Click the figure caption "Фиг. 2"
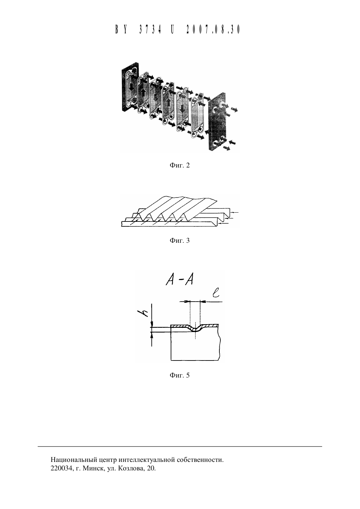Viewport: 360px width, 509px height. (180, 165)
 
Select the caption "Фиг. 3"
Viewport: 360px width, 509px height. (180, 240)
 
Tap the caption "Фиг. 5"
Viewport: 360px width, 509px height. (180, 375)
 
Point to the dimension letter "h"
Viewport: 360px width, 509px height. (143, 313)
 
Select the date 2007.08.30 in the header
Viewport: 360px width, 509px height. (213, 29)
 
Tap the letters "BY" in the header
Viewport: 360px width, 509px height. (121, 29)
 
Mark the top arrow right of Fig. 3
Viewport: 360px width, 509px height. (234, 212)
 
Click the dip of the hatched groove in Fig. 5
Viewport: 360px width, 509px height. (195, 330)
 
